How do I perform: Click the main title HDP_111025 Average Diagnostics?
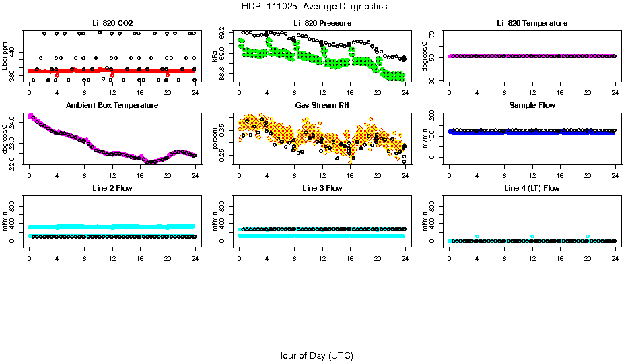314,6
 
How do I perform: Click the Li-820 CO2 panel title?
112,24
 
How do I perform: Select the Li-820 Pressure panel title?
322,24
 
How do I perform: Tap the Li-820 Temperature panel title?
532,24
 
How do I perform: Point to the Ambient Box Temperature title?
112,106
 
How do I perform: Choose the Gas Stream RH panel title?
322,106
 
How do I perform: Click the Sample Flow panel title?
532,106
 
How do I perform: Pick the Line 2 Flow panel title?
112,188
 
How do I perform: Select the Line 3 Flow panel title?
322,188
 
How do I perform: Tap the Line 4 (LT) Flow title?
532,188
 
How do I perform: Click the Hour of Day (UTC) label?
314,355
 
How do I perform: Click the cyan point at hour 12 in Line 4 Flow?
532,237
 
